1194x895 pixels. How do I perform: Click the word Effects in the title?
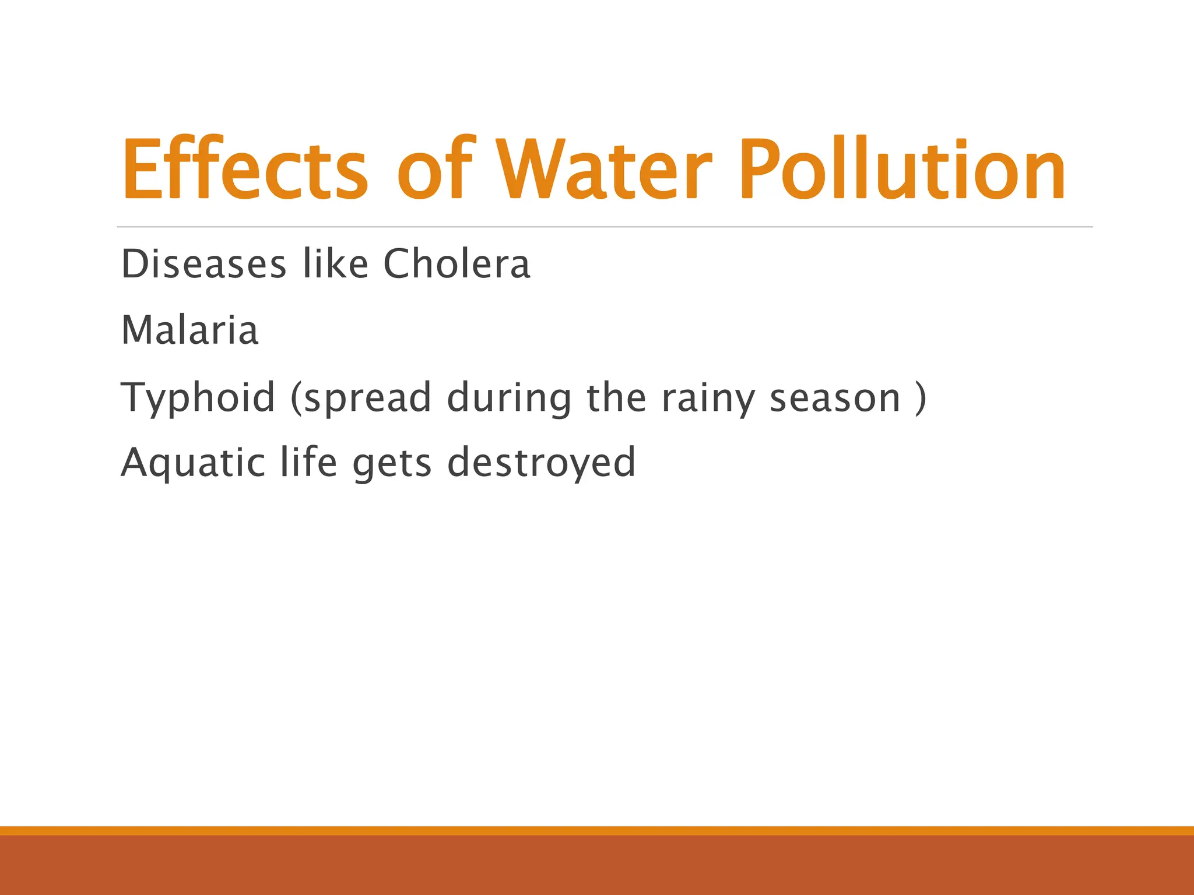pyautogui.click(x=245, y=169)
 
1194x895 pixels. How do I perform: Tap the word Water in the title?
pyautogui.click(x=604, y=169)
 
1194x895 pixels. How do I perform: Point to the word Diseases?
pyautogui.click(x=203, y=265)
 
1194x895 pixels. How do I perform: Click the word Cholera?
pyautogui.click(x=456, y=265)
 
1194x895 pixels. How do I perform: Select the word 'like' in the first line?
pyautogui.click(x=335, y=265)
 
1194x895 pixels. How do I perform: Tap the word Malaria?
pyautogui.click(x=189, y=330)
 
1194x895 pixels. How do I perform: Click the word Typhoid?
pyautogui.click(x=198, y=397)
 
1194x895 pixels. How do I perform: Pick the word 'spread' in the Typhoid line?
pyautogui.click(x=367, y=399)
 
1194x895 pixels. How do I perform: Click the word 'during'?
pyautogui.click(x=509, y=399)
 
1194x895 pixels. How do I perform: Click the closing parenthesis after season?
pyautogui.click(x=921, y=399)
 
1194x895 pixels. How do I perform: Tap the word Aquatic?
pyautogui.click(x=192, y=463)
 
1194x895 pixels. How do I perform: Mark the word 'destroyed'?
pyautogui.click(x=541, y=463)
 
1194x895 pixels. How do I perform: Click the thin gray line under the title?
pyautogui.click(x=604, y=227)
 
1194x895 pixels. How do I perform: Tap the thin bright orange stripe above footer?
pyautogui.click(x=597, y=830)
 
